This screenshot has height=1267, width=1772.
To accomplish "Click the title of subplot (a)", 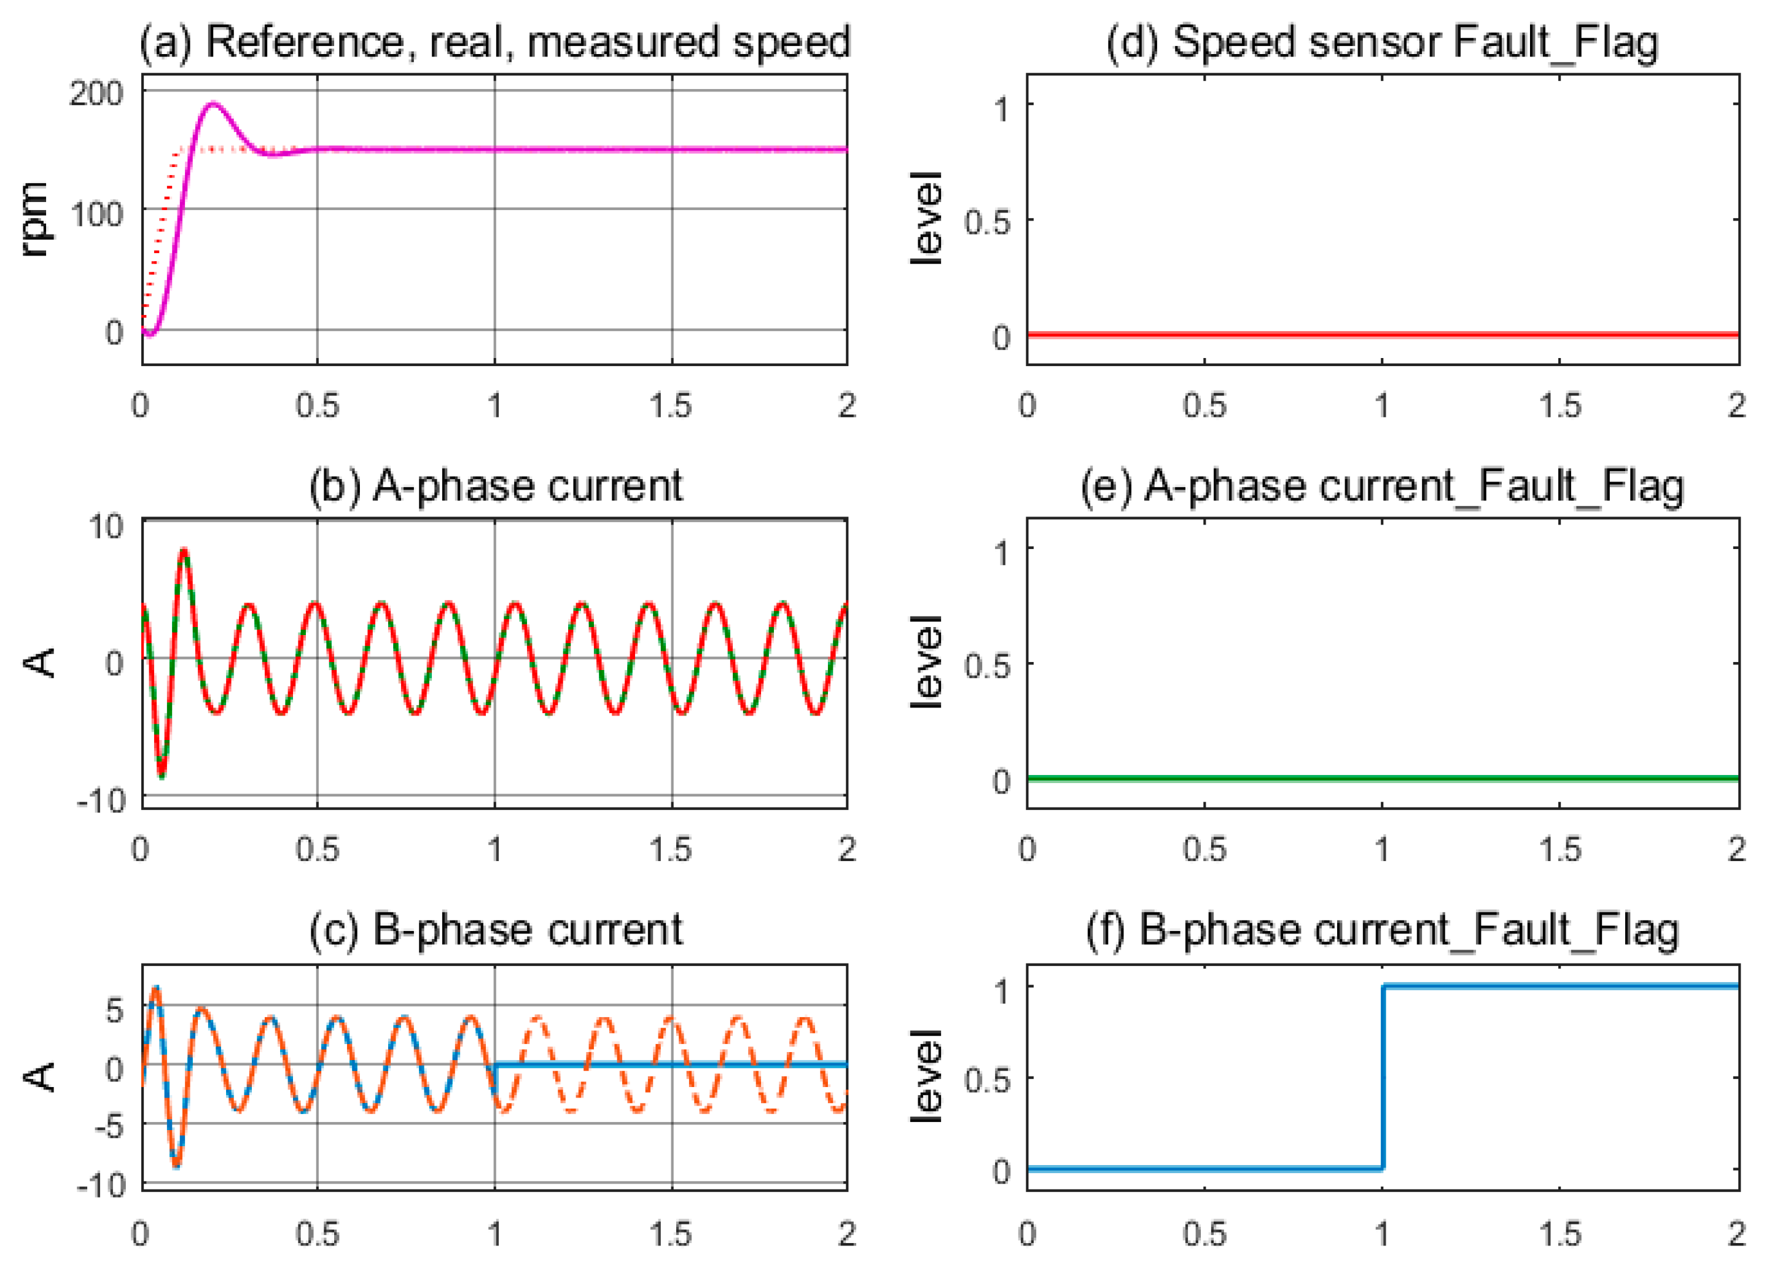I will tap(494, 42).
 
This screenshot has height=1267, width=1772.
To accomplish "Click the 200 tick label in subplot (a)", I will tap(96, 93).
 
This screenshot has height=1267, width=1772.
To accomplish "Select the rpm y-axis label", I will tap(34, 219).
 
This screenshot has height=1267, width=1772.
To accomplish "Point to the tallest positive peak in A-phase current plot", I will tap(184, 551).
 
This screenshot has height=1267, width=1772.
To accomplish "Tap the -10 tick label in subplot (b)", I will tap(101, 800).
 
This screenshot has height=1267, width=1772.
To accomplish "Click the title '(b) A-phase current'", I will tap(496, 486).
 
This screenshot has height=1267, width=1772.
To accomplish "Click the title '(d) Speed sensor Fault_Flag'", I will tap(1382, 42).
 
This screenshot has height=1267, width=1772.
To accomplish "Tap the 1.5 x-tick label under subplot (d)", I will tap(1559, 406).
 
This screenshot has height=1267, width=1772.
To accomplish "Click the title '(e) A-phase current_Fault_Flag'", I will tap(1382, 486).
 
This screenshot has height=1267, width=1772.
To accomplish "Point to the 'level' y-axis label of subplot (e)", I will tap(927, 663).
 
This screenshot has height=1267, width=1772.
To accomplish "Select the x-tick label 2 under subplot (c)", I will tap(846, 1233).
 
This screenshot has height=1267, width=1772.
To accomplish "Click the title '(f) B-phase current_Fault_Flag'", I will tap(1382, 930).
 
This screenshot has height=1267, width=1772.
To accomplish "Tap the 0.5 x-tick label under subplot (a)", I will tap(318, 406).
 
